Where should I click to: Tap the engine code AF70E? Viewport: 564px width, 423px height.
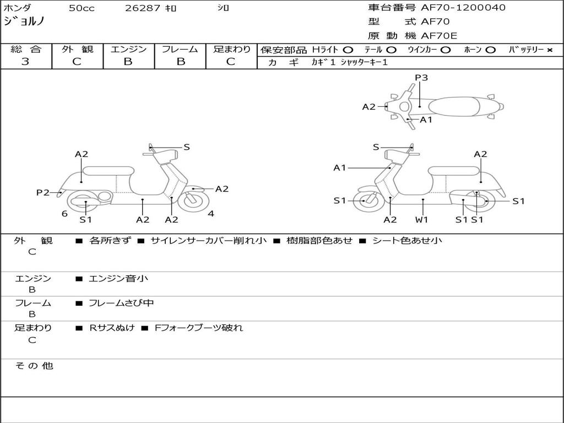[x=438, y=36]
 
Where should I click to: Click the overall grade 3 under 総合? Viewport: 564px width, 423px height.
[x=25, y=62]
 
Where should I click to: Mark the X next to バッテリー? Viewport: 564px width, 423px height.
[x=549, y=50]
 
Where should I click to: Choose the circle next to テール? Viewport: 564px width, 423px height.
[x=392, y=50]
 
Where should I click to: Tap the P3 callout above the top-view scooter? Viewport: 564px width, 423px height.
[x=421, y=78]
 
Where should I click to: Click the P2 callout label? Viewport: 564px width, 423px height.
[x=43, y=192]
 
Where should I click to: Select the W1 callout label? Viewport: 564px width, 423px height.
[x=422, y=219]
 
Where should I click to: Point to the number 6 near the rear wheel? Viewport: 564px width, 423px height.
[x=64, y=214]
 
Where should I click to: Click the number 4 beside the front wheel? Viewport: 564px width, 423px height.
[x=211, y=214]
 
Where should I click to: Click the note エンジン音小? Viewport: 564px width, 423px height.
[x=118, y=279]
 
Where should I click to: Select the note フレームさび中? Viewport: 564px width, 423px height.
[x=122, y=303]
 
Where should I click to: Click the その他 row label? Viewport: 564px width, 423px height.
[x=34, y=366]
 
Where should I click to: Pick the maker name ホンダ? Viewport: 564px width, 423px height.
[x=17, y=8]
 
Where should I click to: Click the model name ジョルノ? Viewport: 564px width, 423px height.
[x=24, y=22]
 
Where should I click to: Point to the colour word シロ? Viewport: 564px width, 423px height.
[x=223, y=8]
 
